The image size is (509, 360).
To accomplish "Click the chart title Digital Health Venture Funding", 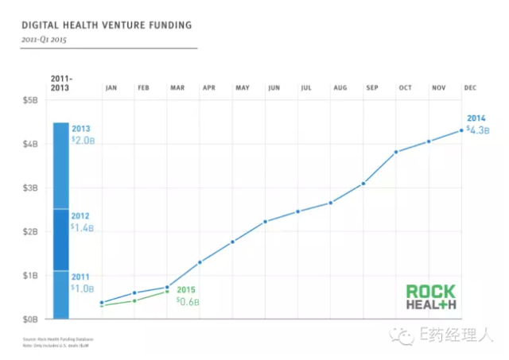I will click(x=107, y=25).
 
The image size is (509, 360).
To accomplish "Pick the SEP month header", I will click(x=372, y=87).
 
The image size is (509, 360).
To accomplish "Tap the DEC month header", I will click(x=470, y=87).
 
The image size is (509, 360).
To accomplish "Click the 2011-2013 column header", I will click(x=60, y=83).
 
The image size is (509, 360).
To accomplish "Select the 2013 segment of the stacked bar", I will click(x=60, y=165).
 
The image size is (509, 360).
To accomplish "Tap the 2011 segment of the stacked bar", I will click(x=60, y=295).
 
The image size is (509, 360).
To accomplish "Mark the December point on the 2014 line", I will click(x=462, y=130).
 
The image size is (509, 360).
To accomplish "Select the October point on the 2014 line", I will click(x=396, y=152).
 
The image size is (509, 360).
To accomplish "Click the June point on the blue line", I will click(x=265, y=221).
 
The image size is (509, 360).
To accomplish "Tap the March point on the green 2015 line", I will click(x=167, y=292).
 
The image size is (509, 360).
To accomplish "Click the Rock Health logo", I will click(x=430, y=297).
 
